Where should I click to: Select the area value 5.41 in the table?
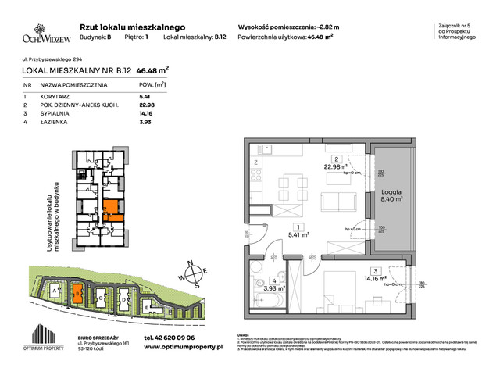[166, 97]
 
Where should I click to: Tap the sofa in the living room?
[335, 202]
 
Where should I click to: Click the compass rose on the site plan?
[191, 274]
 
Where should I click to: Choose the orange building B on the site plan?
[78, 295]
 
